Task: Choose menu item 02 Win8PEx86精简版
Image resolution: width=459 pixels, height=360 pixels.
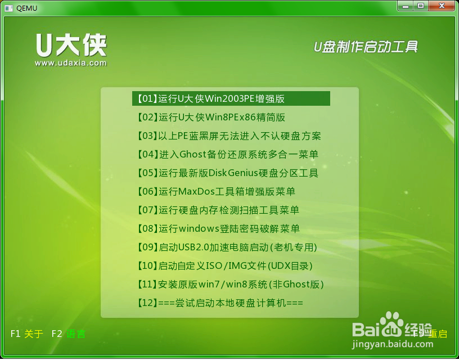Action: click(211, 118)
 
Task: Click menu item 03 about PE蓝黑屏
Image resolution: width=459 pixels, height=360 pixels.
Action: click(229, 136)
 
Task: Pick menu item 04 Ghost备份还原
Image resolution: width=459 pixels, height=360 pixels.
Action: click(228, 154)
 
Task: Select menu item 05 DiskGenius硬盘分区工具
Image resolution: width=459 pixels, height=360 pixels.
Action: click(228, 173)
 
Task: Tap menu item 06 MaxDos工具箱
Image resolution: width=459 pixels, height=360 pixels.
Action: click(216, 191)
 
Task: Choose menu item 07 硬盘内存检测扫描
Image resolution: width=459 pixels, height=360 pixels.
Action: click(218, 210)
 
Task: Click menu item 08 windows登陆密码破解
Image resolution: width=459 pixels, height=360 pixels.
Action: click(218, 228)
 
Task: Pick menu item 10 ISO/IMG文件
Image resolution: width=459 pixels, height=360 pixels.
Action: click(225, 265)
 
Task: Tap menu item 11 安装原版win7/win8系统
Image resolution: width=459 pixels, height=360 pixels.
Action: click(231, 284)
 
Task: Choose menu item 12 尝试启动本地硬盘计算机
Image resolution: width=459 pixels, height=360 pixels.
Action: click(220, 303)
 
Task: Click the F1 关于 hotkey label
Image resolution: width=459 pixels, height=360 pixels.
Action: click(27, 334)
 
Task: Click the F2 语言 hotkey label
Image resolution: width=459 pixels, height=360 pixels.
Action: click(69, 334)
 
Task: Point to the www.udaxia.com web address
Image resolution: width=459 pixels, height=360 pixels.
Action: click(71, 63)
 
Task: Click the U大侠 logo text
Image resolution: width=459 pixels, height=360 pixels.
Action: click(71, 45)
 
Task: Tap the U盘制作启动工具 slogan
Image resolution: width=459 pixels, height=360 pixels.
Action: click(366, 47)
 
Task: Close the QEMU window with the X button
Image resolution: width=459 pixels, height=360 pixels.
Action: click(442, 6)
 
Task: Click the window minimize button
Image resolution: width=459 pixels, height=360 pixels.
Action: click(406, 6)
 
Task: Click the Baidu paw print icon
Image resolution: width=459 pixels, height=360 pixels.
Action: click(391, 323)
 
